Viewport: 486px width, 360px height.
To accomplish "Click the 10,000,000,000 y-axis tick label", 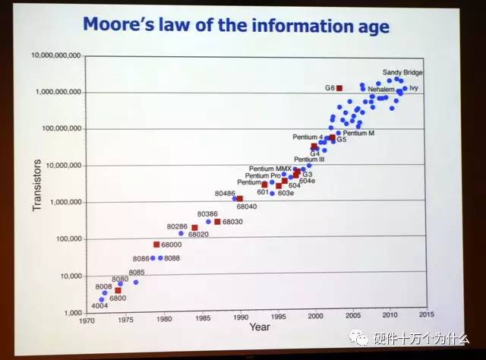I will [x=58, y=55].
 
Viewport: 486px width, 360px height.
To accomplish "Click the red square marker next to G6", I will [x=339, y=88].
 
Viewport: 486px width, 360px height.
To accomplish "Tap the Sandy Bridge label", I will [x=402, y=72].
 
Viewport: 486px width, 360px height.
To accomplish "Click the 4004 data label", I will [x=99, y=306].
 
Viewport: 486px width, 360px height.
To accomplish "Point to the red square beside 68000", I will [x=156, y=245].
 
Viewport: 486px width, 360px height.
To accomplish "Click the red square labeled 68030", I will [x=217, y=222].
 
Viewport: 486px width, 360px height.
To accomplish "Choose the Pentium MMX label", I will [x=271, y=168].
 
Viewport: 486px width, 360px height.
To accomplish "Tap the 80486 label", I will [x=225, y=193].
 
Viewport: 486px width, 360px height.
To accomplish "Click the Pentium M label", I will [x=360, y=133].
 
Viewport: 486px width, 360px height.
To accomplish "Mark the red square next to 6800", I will [x=118, y=291].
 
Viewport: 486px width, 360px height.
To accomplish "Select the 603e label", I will [x=286, y=193].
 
